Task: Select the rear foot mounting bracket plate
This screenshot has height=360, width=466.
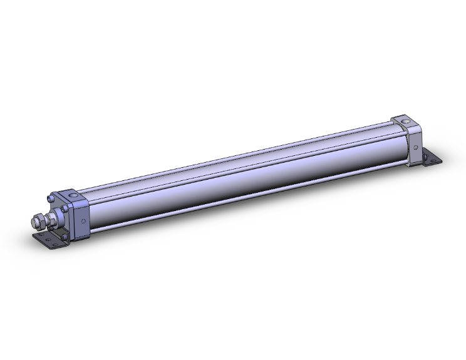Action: pyautogui.click(x=433, y=158)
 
